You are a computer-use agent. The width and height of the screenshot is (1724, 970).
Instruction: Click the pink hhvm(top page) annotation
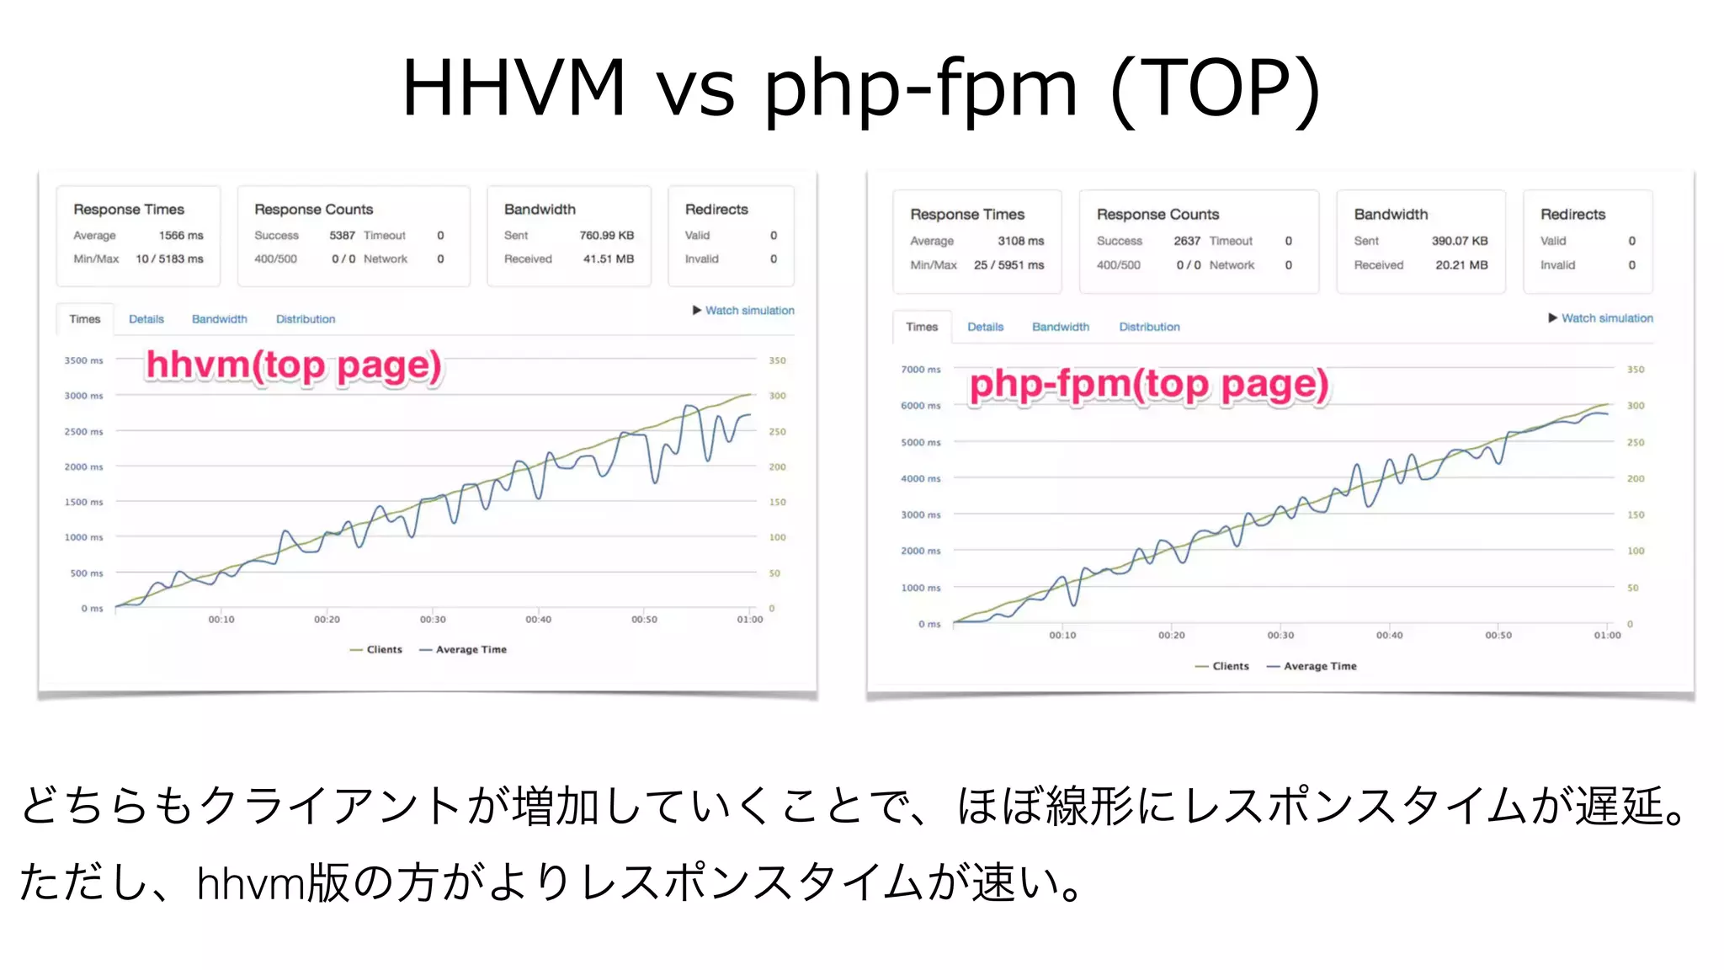[294, 365]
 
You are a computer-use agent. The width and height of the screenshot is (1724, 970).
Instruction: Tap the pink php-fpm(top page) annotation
[1149, 385]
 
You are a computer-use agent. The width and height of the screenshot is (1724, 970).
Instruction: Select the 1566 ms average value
[181, 236]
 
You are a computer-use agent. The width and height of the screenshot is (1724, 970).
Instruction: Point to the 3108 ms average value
[1020, 241]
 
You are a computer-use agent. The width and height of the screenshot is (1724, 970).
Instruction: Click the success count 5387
[342, 236]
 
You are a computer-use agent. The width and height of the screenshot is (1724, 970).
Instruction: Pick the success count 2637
[1187, 241]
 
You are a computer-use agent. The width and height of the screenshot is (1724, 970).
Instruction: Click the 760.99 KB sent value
[606, 236]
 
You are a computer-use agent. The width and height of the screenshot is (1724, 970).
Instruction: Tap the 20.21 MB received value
[1461, 265]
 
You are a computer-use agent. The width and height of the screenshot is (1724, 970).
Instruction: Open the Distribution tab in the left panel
[306, 319]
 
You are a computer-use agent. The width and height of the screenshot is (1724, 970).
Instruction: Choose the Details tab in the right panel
[985, 327]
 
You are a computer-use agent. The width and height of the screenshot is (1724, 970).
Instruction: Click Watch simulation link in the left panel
[749, 311]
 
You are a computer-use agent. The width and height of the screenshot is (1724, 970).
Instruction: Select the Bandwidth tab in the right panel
[1061, 327]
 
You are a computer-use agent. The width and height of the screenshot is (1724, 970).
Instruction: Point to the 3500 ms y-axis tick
[83, 360]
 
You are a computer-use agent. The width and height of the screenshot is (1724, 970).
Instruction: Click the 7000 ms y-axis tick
[921, 370]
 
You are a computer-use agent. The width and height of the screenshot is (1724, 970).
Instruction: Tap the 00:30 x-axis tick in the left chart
[433, 620]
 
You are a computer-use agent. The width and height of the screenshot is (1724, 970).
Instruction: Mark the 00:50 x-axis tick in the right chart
[1498, 636]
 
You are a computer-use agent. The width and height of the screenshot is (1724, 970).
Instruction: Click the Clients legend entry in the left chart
[384, 650]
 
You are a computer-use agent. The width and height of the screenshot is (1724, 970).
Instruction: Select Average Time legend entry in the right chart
[1319, 666]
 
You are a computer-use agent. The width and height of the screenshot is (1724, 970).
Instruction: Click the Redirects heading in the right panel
[1572, 215]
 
